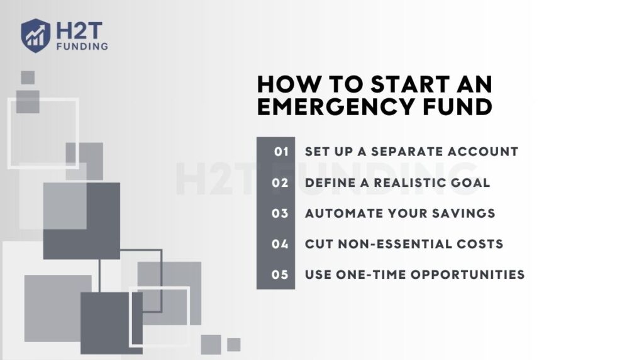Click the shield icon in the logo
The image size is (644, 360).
[x=36, y=34]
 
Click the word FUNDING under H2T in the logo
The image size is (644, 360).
[x=80, y=46]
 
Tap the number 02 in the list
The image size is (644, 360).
[x=280, y=183]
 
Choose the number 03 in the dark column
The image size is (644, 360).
[x=280, y=213]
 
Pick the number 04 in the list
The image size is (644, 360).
[x=280, y=244]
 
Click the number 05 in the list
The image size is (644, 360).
[x=280, y=274]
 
